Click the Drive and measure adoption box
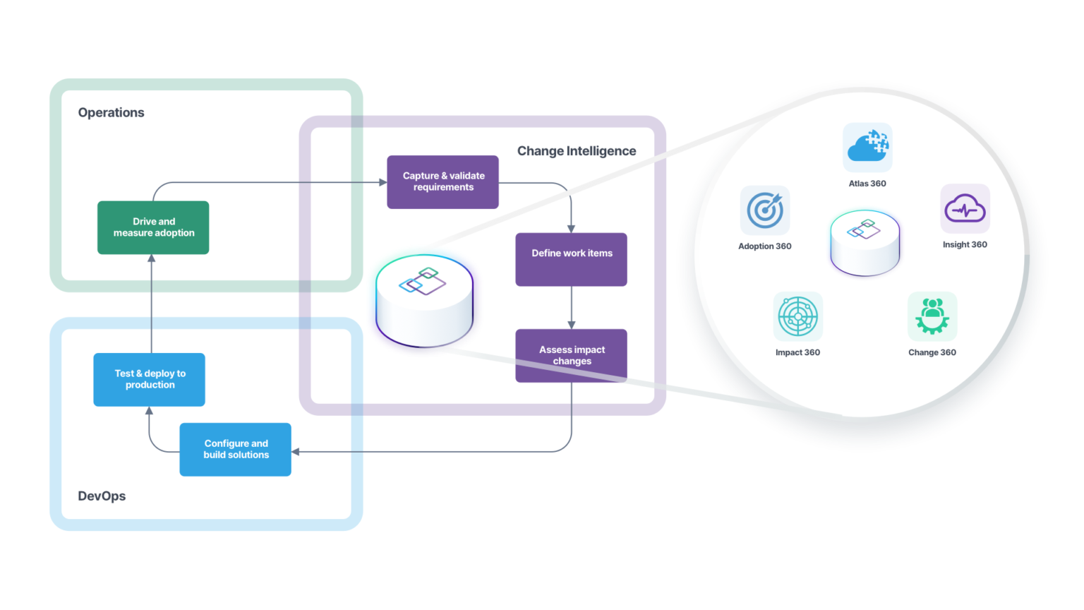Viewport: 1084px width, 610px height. coord(153,227)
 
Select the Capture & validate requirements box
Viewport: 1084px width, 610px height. coord(442,181)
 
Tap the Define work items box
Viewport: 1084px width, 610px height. coord(571,259)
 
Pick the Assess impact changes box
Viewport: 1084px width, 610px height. coord(571,355)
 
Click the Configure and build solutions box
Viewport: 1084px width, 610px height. coord(235,449)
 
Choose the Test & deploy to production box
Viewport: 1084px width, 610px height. coord(149,379)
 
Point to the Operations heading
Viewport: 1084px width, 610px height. coord(111,112)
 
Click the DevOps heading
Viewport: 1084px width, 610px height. coord(102,496)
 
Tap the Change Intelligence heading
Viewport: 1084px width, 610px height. coord(576,150)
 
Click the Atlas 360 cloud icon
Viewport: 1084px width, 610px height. coord(867,147)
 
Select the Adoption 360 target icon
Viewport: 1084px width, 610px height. coord(765,210)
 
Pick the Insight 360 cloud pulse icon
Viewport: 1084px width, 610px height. coord(965,208)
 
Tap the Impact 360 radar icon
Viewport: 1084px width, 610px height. coord(797,316)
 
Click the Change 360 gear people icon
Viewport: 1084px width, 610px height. coord(932,316)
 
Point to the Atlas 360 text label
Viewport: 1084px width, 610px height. coord(867,184)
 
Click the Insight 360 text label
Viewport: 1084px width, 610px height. coord(965,245)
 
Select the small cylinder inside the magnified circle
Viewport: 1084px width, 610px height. coord(865,242)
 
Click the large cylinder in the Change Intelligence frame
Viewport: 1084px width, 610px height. coord(424,300)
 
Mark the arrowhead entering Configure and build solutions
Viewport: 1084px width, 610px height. coord(296,451)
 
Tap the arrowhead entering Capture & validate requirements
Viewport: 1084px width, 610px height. coord(383,182)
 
